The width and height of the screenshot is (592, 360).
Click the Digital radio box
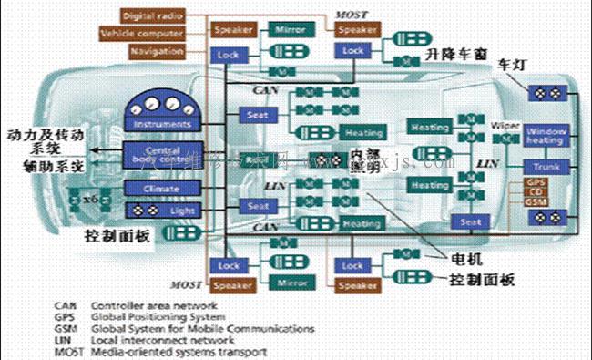[x=152, y=15]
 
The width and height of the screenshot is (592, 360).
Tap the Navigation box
[x=157, y=51]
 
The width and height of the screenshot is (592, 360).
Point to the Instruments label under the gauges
[x=162, y=124]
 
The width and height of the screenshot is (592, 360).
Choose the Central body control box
[x=162, y=152]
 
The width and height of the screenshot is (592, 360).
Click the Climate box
[x=162, y=189]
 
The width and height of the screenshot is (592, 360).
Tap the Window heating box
[x=545, y=136]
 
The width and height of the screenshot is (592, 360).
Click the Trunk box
[x=545, y=168]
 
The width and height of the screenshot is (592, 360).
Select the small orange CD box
[x=537, y=193]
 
